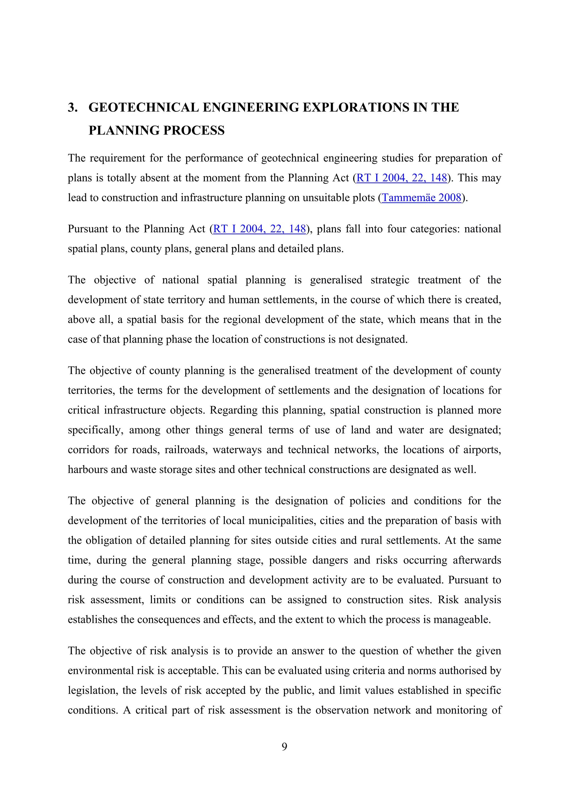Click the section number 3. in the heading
click(73, 107)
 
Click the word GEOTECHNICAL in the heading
click(143, 107)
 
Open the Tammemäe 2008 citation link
click(421, 198)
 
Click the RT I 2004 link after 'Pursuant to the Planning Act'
click(259, 229)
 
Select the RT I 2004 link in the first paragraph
click(402, 178)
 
